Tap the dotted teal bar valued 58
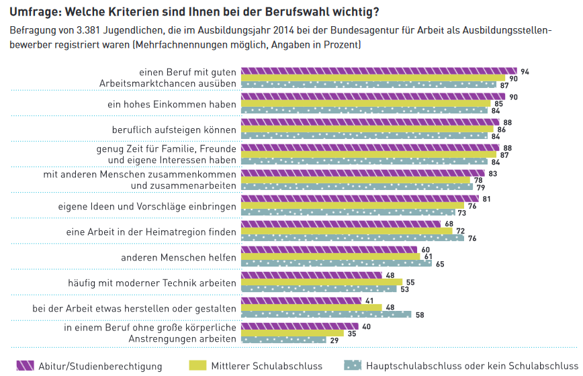[x=326, y=314]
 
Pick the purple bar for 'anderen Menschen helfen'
[x=329, y=249]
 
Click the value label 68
[x=448, y=224]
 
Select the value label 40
[x=366, y=326]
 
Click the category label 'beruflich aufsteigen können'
[x=174, y=130]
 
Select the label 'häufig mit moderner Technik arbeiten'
[x=152, y=283]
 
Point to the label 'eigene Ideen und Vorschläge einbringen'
[x=147, y=206]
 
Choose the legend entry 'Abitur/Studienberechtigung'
[x=100, y=366]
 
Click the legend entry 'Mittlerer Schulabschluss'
[x=267, y=366]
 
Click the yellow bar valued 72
[x=347, y=231]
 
